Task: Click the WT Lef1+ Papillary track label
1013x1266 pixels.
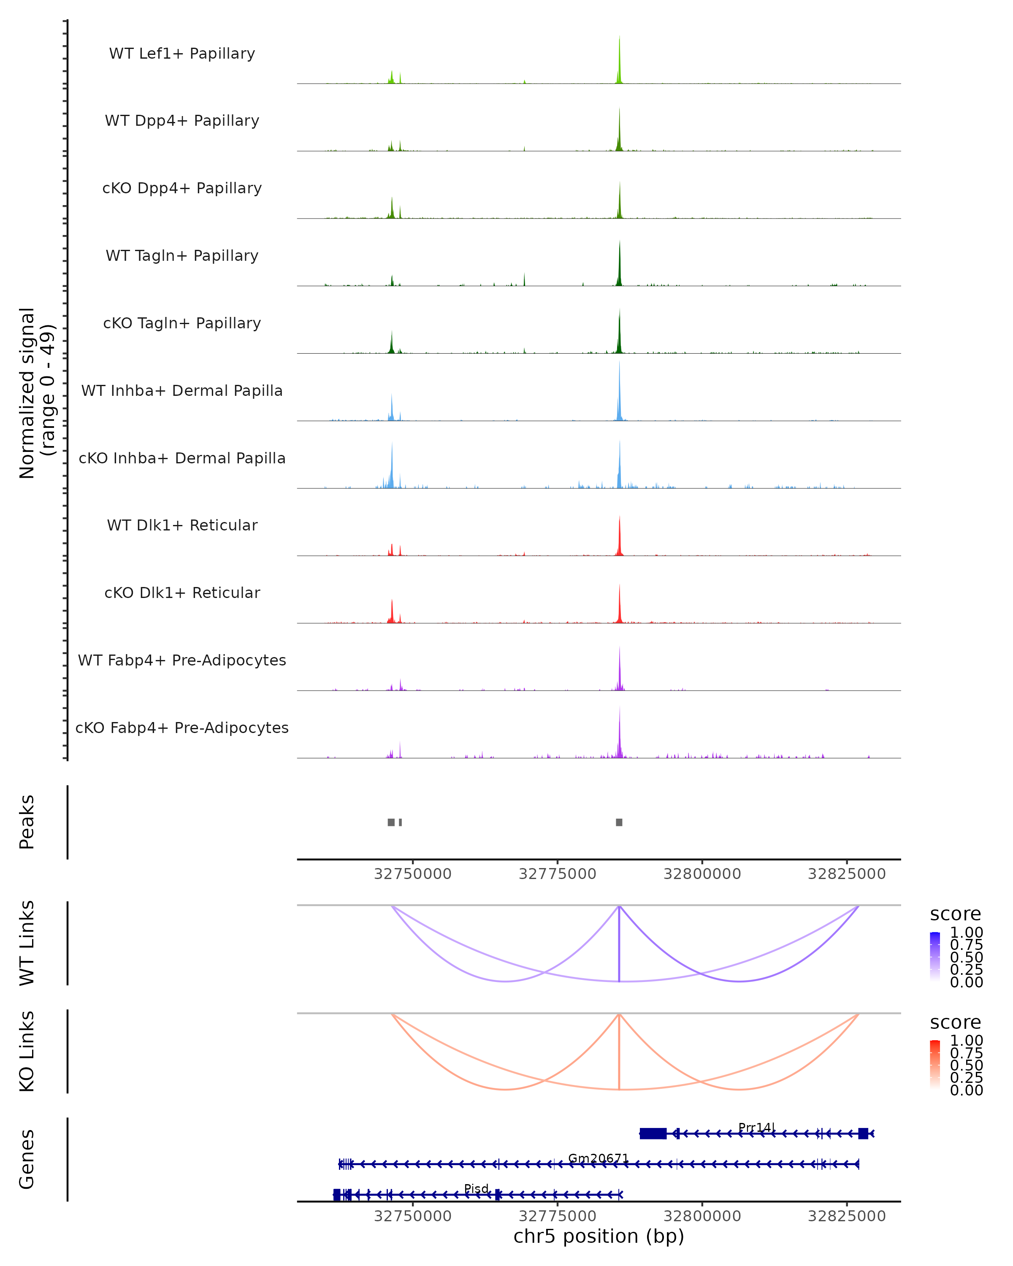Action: pyautogui.click(x=182, y=54)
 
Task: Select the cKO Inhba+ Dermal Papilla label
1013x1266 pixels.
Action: pyautogui.click(x=182, y=458)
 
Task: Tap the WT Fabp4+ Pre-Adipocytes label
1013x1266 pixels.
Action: pyautogui.click(x=182, y=660)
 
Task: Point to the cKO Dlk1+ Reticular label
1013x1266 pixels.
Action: pyautogui.click(x=182, y=592)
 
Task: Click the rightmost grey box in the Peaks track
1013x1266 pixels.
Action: pyautogui.click(x=619, y=822)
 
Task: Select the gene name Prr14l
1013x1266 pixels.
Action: pyautogui.click(x=756, y=1127)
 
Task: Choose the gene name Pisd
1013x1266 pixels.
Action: pyautogui.click(x=476, y=1188)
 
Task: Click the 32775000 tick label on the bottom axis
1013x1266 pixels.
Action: pyautogui.click(x=557, y=1215)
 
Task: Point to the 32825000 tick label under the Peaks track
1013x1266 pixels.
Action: pyautogui.click(x=846, y=874)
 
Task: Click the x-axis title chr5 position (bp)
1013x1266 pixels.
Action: pyautogui.click(x=599, y=1236)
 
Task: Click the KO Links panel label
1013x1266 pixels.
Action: pyautogui.click(x=27, y=1051)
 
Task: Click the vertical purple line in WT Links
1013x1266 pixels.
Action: pyautogui.click(x=619, y=945)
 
